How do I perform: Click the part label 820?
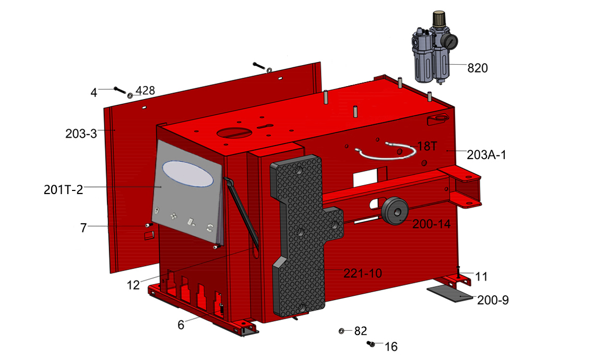coord(478,68)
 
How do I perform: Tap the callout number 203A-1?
coord(486,155)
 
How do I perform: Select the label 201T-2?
coord(63,189)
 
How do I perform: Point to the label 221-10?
coord(362,273)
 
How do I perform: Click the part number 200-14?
coord(432,224)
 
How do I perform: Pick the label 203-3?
coord(81,134)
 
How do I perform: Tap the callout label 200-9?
coord(493,300)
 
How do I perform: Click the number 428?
coord(145,90)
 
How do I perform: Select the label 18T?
coord(427,146)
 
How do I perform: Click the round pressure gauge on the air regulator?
coord(451,41)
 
